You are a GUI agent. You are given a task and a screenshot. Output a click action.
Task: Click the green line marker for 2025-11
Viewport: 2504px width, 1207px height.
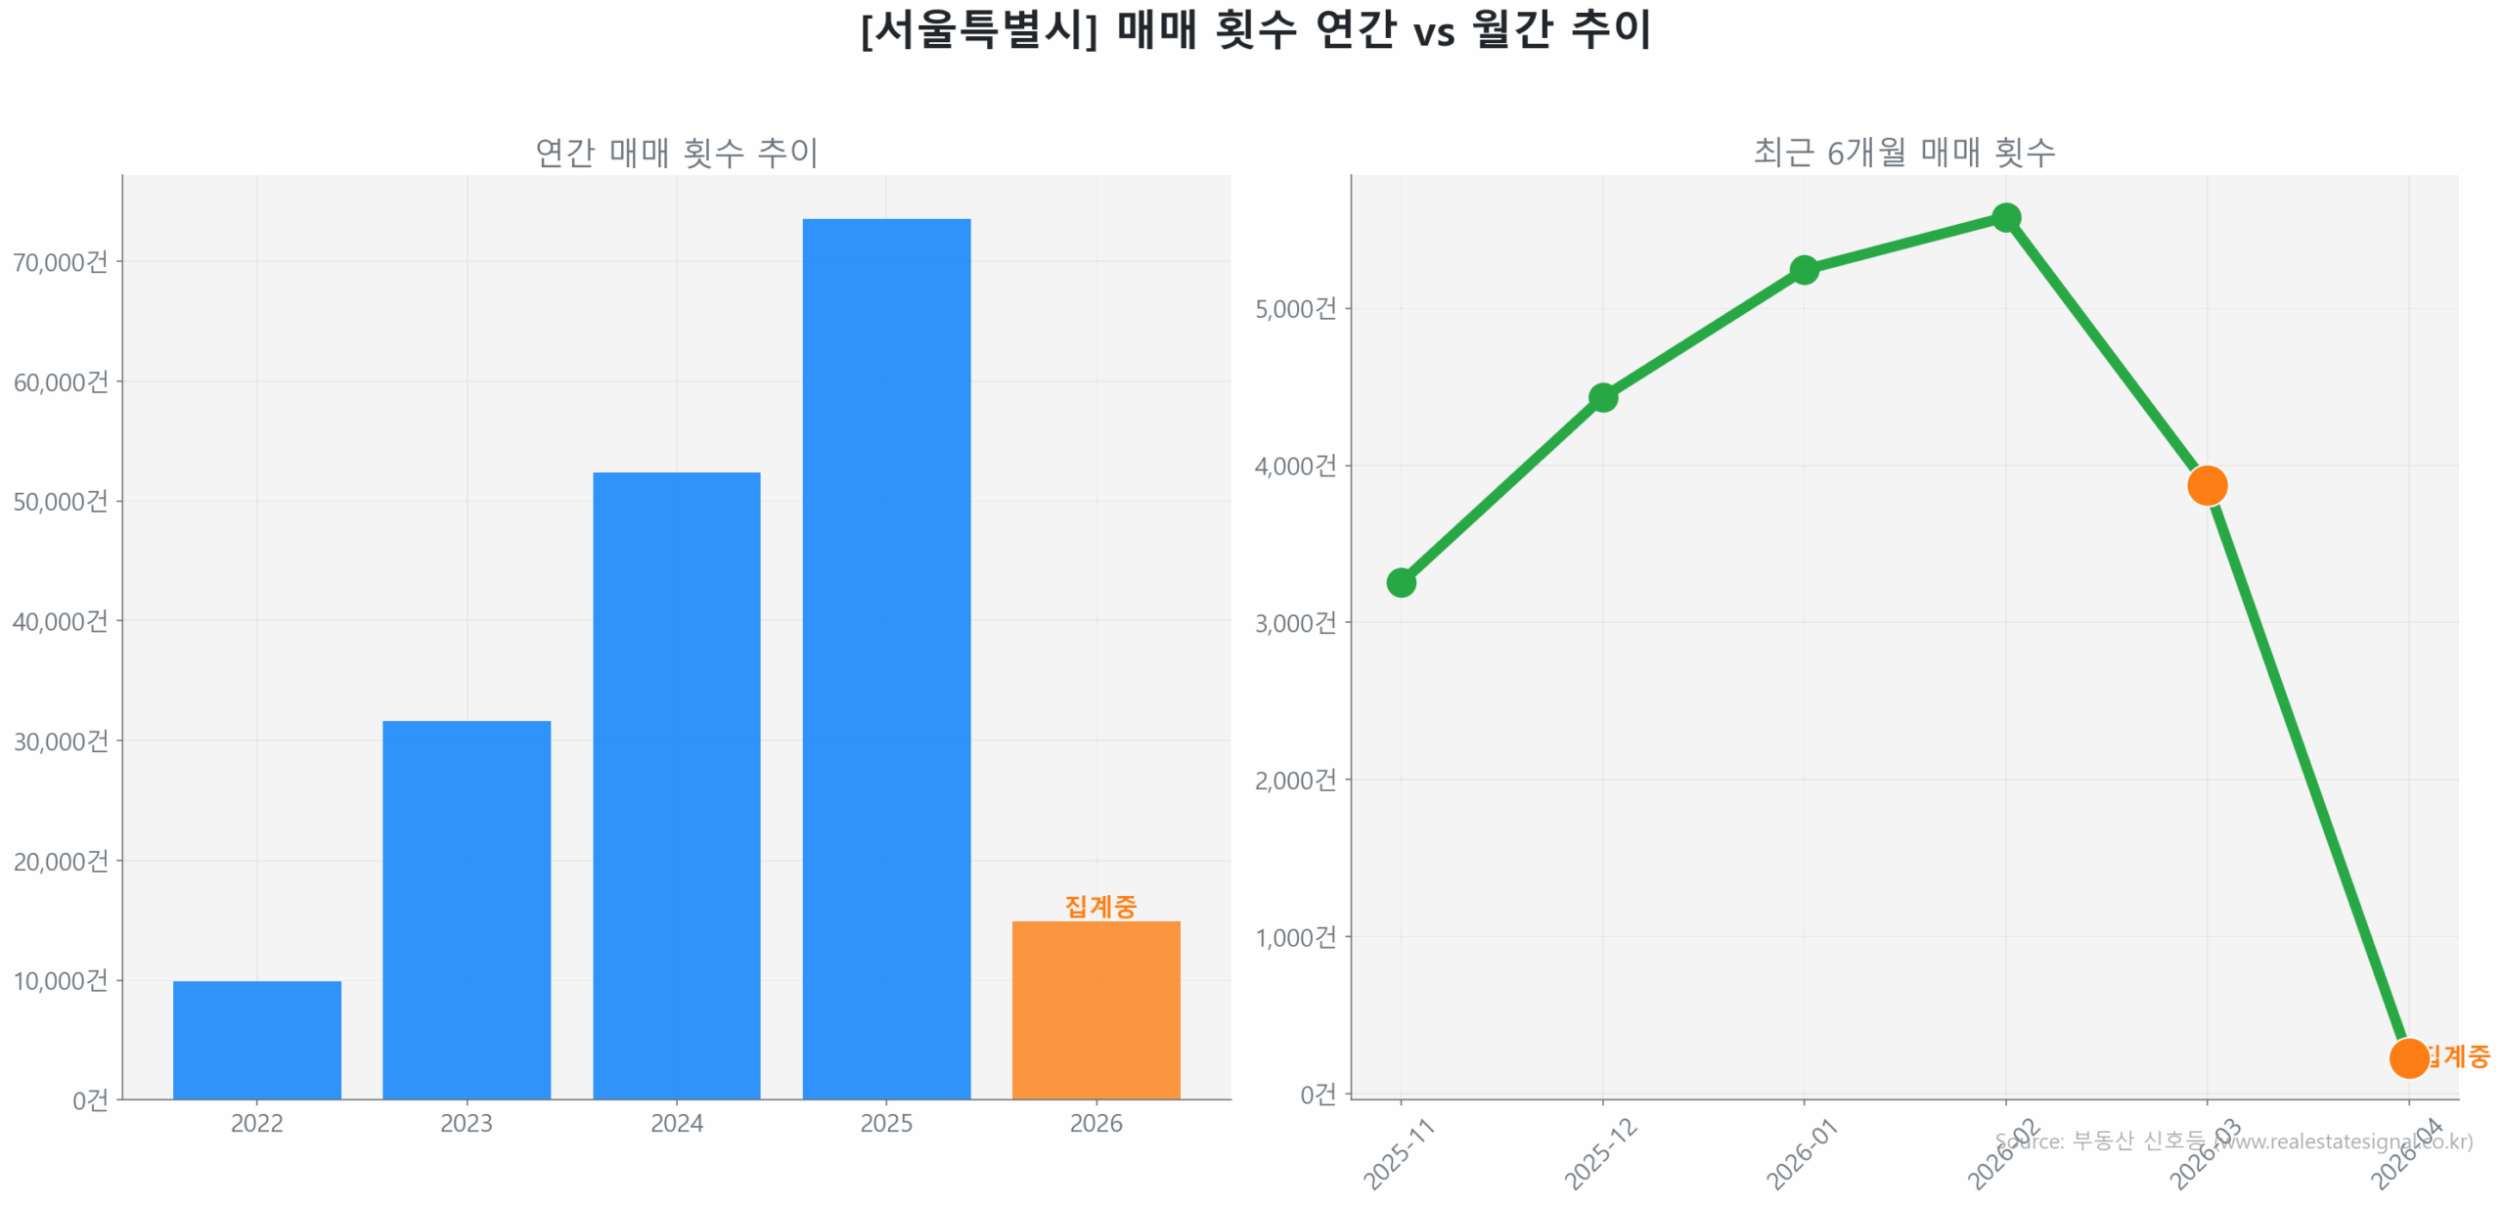pos(1400,582)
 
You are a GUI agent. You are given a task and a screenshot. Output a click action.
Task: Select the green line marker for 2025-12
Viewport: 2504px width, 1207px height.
pos(1601,397)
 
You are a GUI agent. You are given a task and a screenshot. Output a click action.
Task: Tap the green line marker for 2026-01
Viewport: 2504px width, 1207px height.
pos(1803,269)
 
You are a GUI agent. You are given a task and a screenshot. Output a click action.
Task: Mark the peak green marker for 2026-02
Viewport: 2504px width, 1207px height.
pos(2004,217)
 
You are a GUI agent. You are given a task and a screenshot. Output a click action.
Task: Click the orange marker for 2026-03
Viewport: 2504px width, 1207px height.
pos(2206,484)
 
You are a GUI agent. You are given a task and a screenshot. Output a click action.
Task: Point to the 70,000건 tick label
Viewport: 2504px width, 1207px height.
pos(60,262)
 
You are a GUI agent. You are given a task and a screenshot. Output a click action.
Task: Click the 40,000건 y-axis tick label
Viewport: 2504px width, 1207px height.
pos(60,621)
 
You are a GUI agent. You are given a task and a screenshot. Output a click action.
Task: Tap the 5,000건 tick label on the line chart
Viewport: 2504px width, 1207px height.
pos(1294,309)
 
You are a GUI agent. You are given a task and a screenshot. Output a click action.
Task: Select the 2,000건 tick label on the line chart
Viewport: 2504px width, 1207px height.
pos(1294,780)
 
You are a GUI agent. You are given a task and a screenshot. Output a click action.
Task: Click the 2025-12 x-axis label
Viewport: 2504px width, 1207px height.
pos(1600,1153)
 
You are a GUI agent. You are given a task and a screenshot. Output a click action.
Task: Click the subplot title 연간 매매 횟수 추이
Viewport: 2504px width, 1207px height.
pos(676,153)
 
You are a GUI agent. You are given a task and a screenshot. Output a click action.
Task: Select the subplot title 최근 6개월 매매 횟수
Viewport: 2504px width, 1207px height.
pos(1903,153)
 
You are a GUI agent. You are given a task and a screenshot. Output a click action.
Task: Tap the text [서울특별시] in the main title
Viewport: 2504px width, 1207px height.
pos(979,29)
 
